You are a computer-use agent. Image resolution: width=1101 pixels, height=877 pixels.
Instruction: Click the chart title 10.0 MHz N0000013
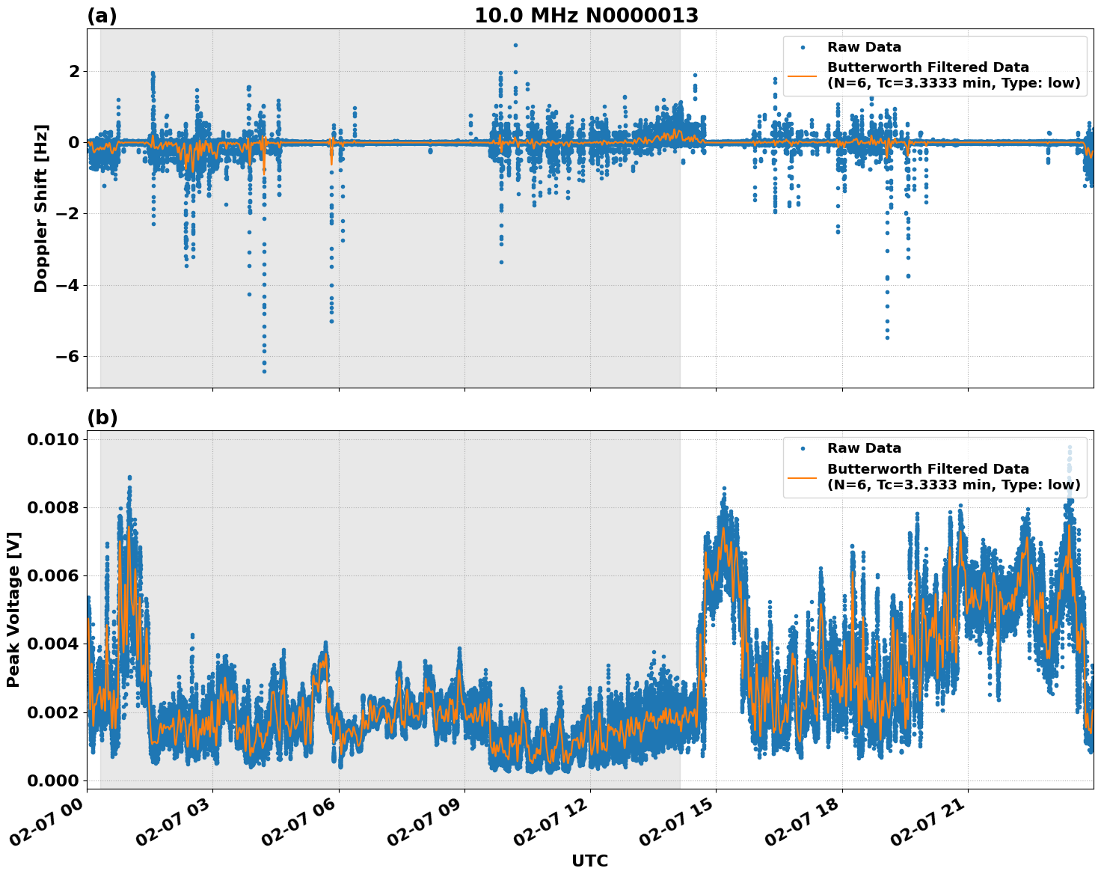tap(586, 16)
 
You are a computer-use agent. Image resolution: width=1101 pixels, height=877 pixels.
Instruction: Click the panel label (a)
tap(102, 16)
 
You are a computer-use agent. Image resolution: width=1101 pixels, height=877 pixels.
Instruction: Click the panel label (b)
tap(102, 418)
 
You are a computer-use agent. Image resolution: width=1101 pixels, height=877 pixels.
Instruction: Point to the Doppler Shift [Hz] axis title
tap(41, 208)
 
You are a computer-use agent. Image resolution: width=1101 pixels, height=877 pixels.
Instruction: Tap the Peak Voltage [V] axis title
tap(13, 609)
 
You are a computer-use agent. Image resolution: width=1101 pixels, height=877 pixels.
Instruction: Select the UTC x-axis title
tap(589, 861)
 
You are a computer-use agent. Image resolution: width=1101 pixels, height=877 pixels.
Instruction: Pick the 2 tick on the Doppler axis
tap(73, 71)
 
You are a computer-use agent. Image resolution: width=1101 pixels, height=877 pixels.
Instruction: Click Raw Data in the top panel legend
tap(864, 47)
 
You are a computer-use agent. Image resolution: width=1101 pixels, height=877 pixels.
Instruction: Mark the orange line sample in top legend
tap(802, 76)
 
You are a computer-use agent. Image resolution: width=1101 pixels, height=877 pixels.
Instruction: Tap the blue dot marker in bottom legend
tap(802, 448)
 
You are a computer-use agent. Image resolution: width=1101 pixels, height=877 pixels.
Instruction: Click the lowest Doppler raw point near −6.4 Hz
tap(264, 371)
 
